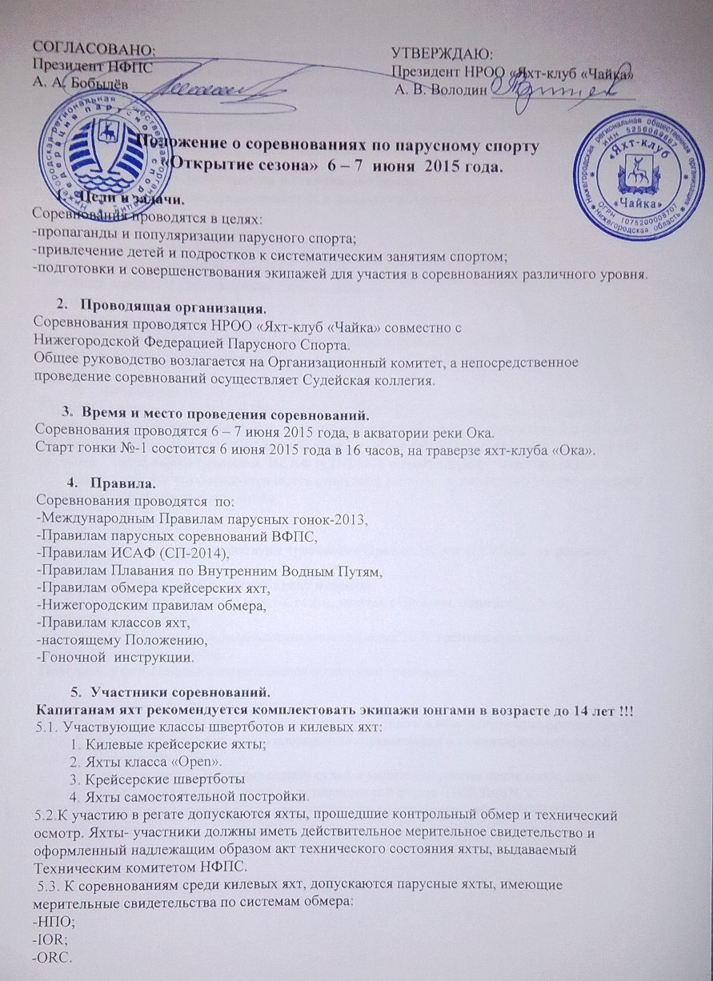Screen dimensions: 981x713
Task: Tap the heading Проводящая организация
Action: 184,306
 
